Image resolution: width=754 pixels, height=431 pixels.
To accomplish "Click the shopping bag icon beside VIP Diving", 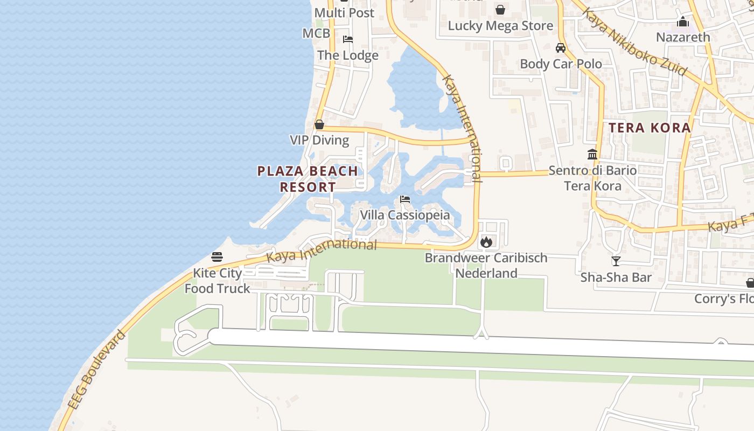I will click(x=319, y=125).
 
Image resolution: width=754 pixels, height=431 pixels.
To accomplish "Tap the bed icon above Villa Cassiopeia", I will click(x=405, y=199).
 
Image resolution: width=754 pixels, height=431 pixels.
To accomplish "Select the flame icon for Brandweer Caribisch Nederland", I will click(x=486, y=242).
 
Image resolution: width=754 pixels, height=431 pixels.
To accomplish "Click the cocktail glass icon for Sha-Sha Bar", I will click(x=616, y=261).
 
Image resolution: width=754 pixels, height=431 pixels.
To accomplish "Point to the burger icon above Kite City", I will click(x=217, y=257).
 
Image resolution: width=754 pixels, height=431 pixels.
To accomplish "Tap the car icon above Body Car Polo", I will click(x=561, y=48).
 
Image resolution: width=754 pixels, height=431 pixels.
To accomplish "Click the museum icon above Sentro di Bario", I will click(x=592, y=154).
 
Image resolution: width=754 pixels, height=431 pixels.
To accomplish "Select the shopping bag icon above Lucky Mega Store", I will click(x=500, y=10).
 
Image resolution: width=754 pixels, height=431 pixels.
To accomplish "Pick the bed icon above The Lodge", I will click(x=348, y=39).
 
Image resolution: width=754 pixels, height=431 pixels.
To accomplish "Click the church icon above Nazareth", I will click(x=683, y=22).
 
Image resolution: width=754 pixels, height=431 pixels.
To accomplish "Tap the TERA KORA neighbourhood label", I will click(x=650, y=128).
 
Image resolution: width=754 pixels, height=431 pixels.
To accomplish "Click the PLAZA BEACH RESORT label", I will click(x=308, y=179).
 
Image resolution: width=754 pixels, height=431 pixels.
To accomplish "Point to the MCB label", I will click(x=316, y=33).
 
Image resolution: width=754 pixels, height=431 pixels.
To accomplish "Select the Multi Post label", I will click(x=344, y=12).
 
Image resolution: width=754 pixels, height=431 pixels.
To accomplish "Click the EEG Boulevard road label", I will click(x=97, y=370).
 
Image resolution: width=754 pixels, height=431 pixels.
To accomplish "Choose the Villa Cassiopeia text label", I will click(x=405, y=215).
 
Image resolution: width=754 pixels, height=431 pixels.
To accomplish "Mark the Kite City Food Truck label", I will click(x=218, y=281).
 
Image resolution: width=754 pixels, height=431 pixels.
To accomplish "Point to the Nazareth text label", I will click(x=683, y=37).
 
